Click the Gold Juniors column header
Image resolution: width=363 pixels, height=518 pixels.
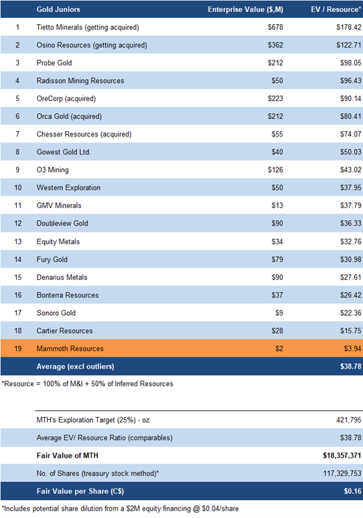(58, 9)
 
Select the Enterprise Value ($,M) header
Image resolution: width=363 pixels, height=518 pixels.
(245, 9)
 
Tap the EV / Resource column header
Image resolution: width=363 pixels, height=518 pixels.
(336, 9)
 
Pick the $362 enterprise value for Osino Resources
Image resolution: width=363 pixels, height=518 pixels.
(275, 45)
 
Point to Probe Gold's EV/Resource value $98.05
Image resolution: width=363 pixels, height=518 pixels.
(351, 63)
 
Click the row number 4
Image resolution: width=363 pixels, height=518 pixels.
(17, 80)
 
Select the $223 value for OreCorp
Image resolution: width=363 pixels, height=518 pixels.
(275, 98)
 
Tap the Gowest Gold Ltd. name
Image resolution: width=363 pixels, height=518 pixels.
(64, 152)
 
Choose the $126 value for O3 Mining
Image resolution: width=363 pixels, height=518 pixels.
(275, 170)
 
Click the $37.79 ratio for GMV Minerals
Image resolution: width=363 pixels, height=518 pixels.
(351, 205)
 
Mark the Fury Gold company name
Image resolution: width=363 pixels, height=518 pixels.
(52, 259)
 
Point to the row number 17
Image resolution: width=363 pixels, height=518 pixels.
(18, 313)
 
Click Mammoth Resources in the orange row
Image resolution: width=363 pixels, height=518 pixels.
(70, 349)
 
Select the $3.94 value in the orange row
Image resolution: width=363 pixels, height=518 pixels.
(353, 349)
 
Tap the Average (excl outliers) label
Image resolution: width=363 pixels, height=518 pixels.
(76, 366)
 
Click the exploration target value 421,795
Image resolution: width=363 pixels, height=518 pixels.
(349, 420)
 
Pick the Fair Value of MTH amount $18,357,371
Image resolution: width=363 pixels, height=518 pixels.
(342, 456)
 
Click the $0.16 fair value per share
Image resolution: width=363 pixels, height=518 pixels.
(353, 491)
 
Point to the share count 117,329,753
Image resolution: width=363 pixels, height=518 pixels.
(342, 473)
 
